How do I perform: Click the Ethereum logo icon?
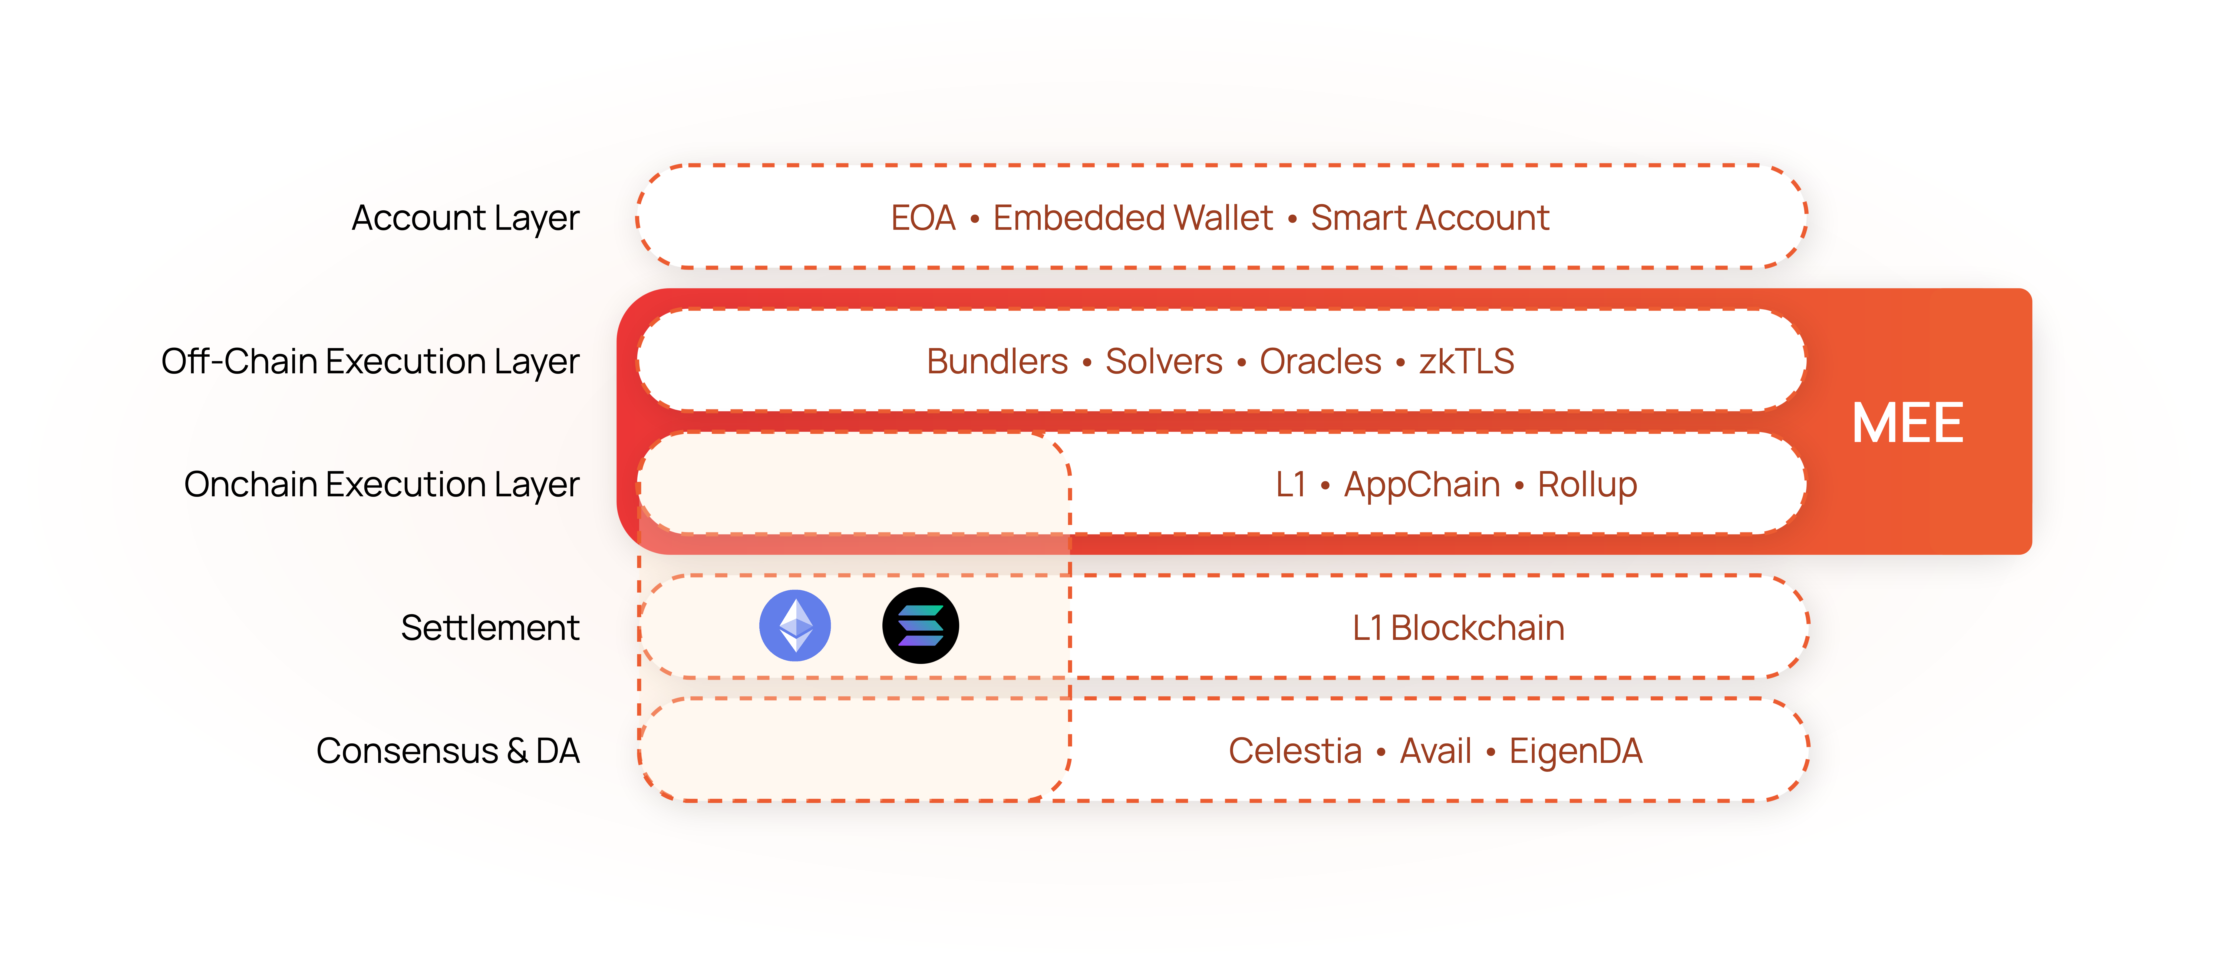pyautogui.click(x=795, y=625)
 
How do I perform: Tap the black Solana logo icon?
pyautogui.click(x=921, y=625)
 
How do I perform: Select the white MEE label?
pyautogui.click(x=1907, y=423)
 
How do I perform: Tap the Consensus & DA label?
pyautogui.click(x=447, y=751)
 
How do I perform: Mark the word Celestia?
pyautogui.click(x=1295, y=751)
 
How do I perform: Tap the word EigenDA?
pyautogui.click(x=1575, y=751)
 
